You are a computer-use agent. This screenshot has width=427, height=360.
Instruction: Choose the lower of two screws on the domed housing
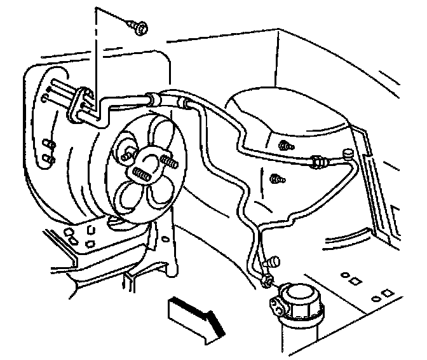[x=276, y=179]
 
